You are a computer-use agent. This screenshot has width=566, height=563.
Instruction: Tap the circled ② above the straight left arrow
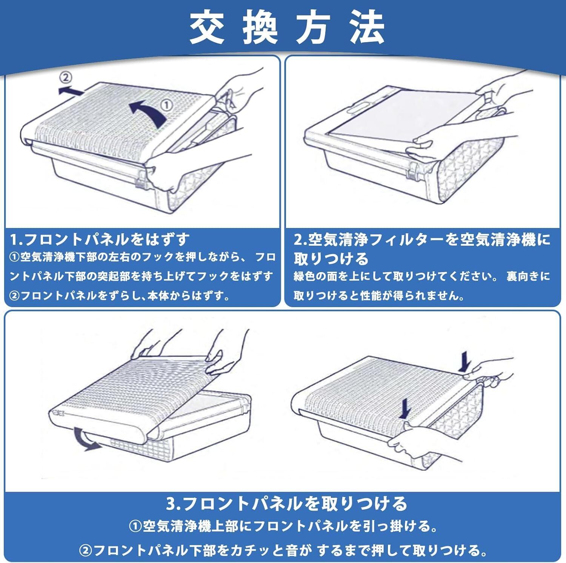pos(66,78)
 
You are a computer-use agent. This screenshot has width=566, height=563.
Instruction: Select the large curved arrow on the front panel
pos(149,112)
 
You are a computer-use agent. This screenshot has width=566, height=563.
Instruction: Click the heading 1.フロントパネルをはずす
pos(100,239)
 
